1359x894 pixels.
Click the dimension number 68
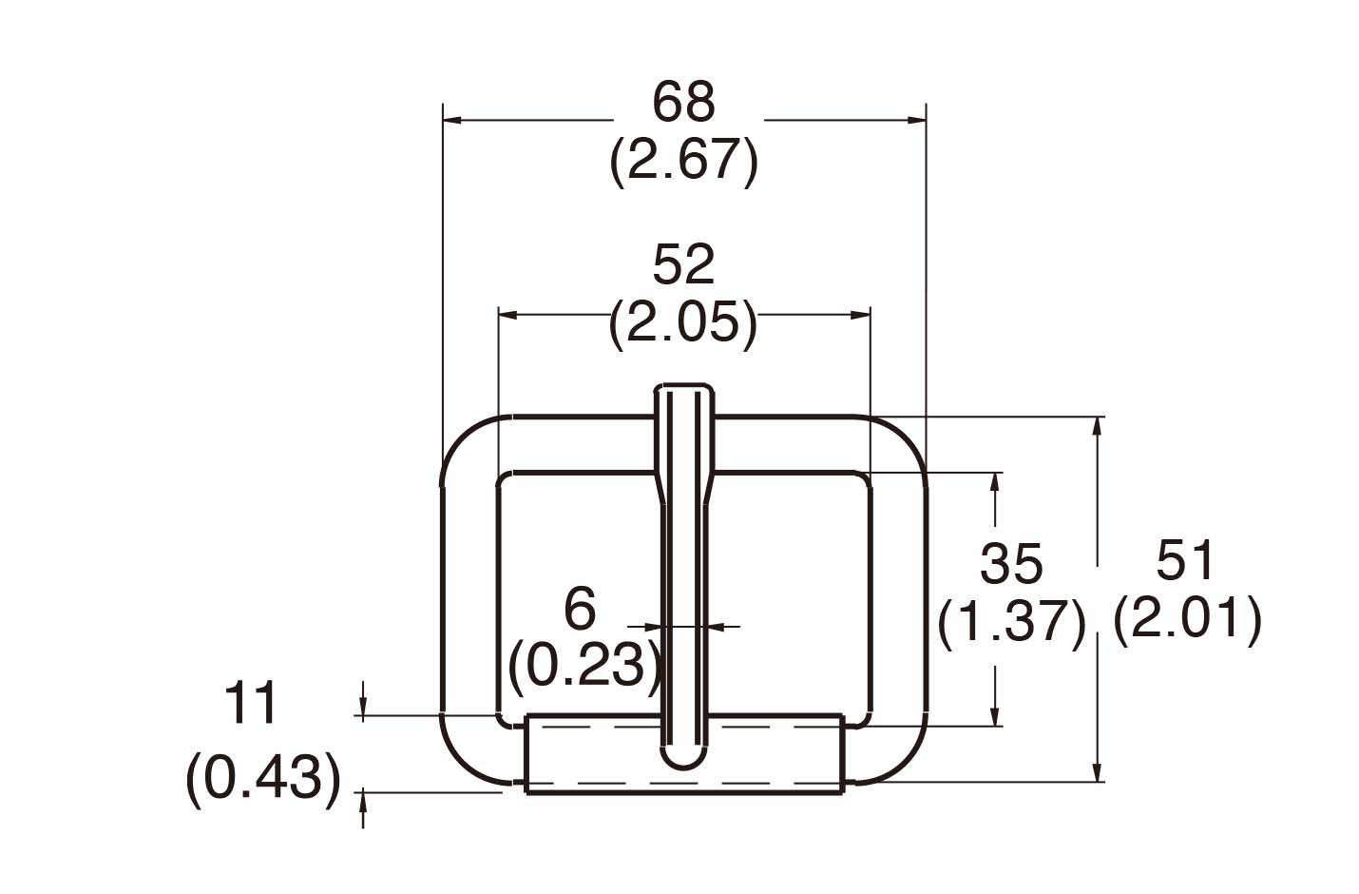pos(683,102)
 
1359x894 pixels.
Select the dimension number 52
pos(683,265)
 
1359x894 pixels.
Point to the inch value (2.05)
pos(683,322)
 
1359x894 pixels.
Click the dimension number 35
pos(1011,564)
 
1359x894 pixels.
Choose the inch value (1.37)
pos(1011,623)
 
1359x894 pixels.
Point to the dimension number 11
pos(251,704)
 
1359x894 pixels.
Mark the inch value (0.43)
pos(262,779)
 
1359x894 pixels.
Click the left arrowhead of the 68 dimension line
pos(451,121)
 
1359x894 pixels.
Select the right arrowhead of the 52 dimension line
pos(862,313)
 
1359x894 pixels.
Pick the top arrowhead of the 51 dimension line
pos(1099,425)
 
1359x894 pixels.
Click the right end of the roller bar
pos(841,753)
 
